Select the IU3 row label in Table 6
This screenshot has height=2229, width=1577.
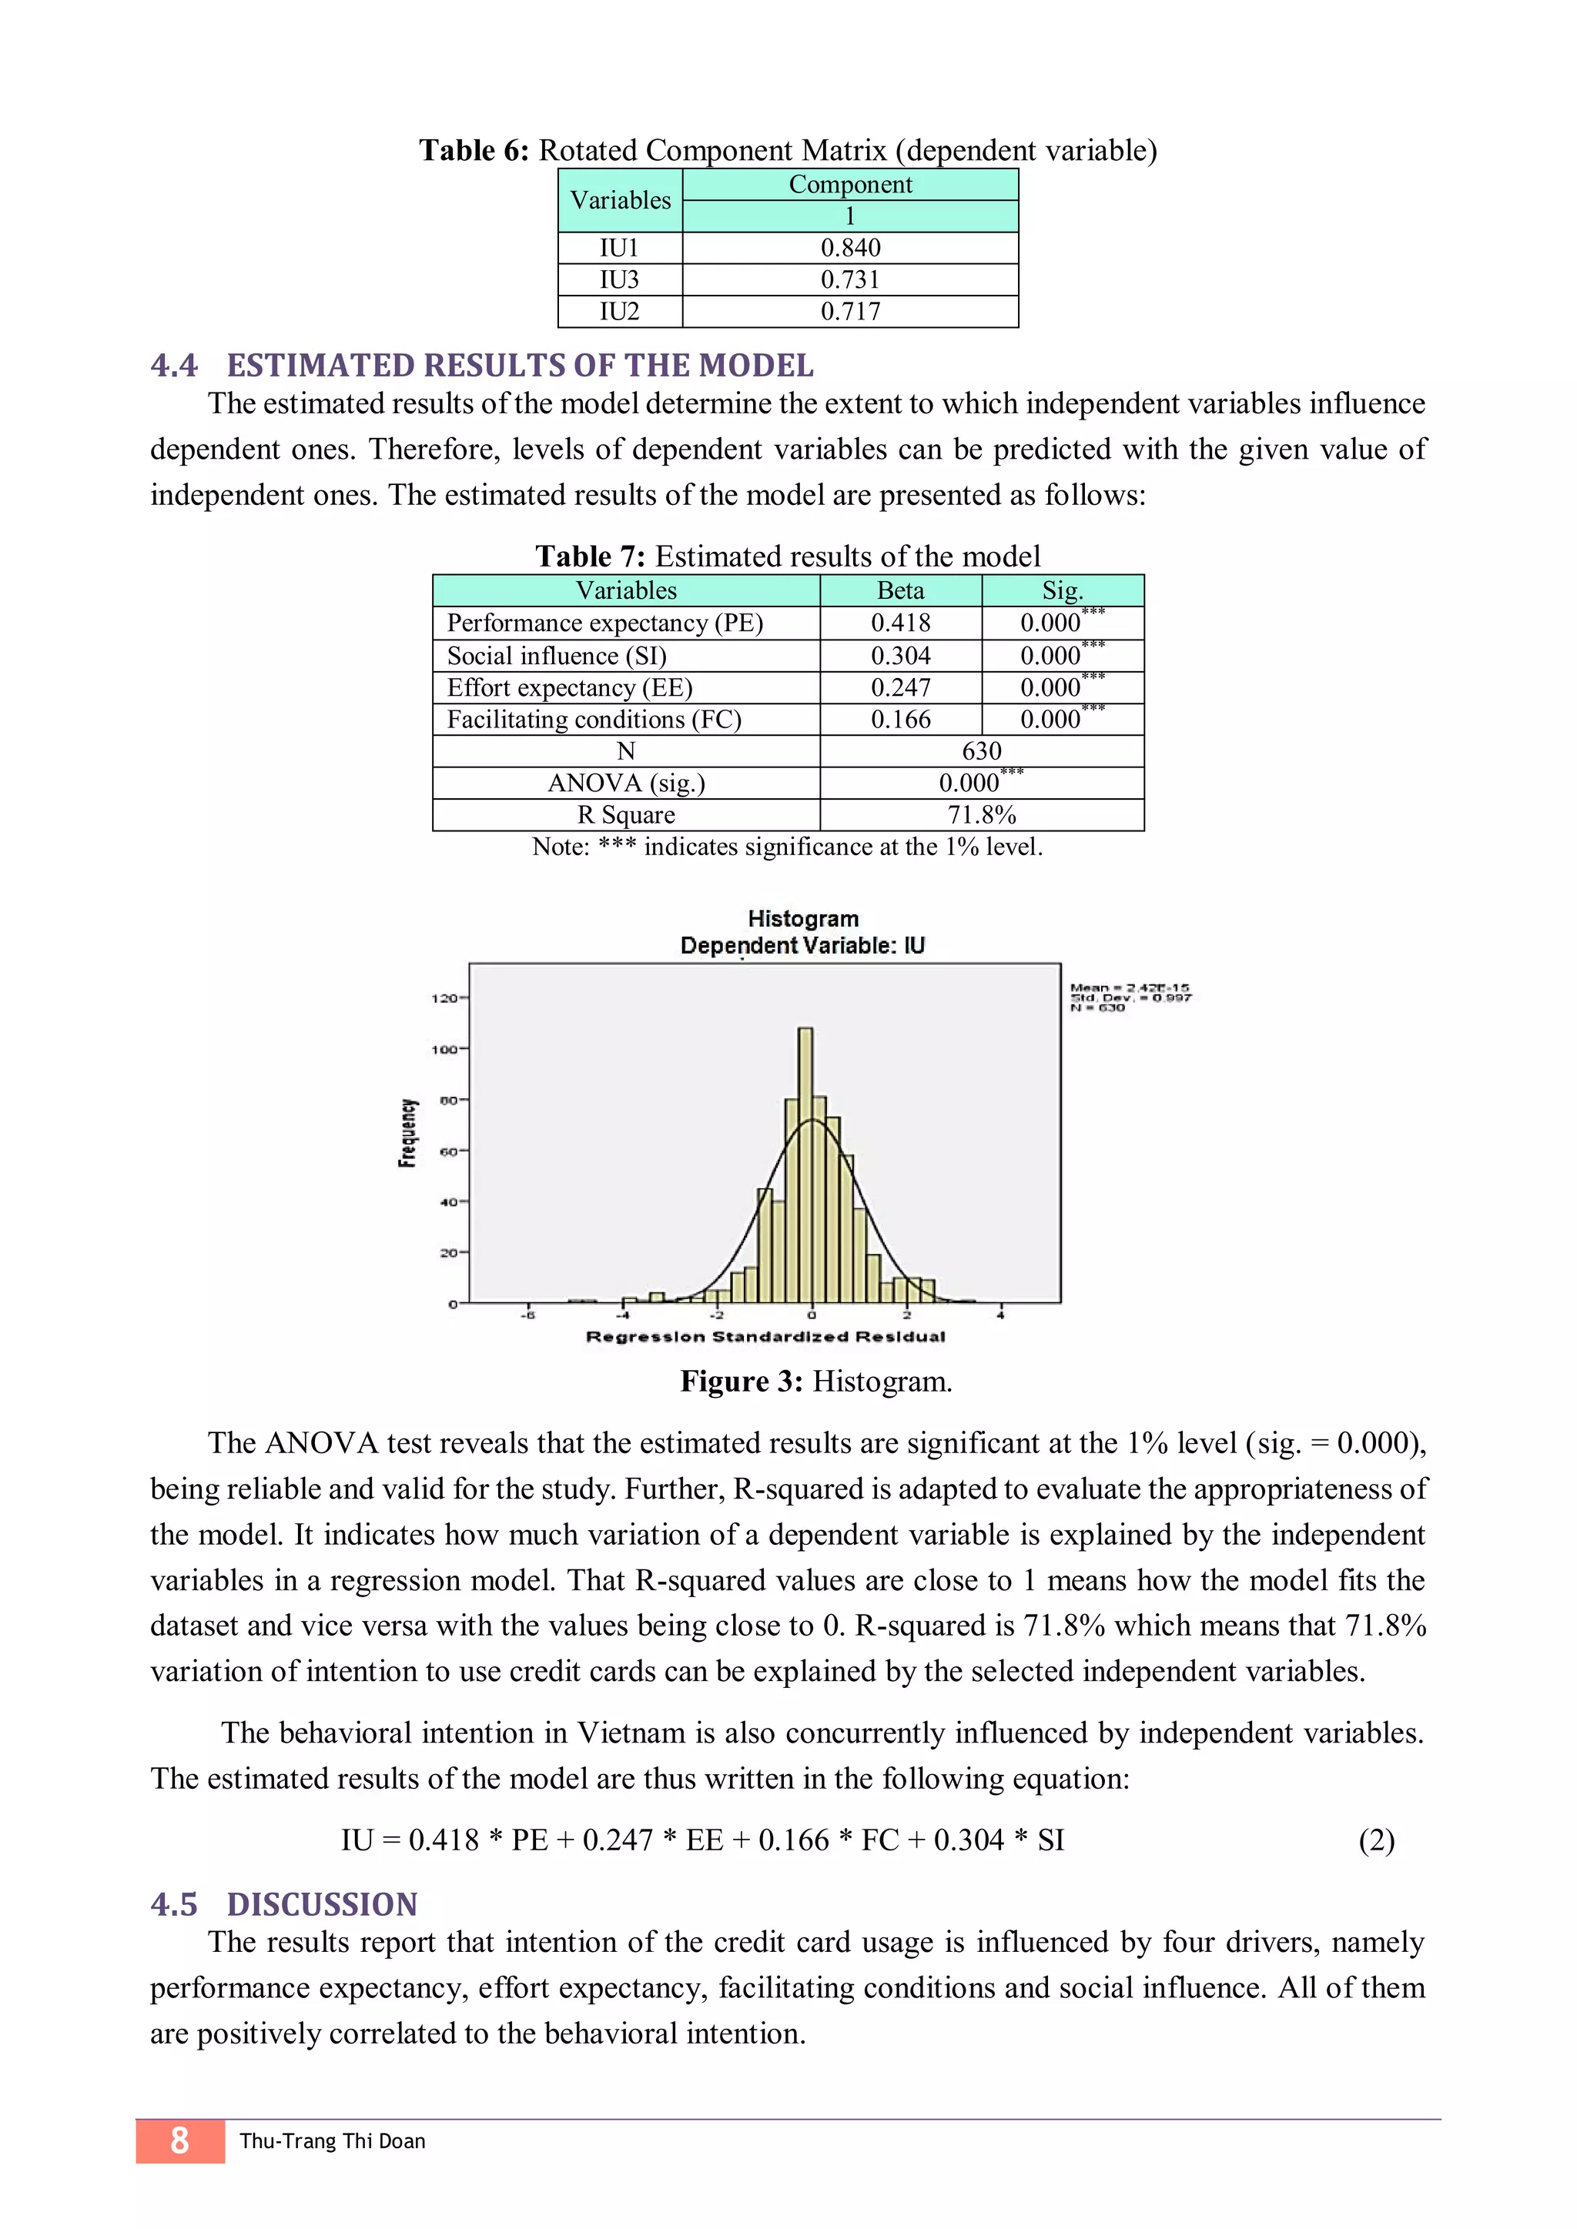coord(620,279)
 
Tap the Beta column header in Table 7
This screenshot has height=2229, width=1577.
coord(900,590)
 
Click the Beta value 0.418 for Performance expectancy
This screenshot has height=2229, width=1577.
coord(900,623)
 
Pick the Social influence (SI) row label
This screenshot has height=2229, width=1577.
coord(557,655)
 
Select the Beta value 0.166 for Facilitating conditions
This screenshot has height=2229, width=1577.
coord(900,720)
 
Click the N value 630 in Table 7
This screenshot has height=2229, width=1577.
coord(981,750)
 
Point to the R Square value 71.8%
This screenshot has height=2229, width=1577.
coord(981,814)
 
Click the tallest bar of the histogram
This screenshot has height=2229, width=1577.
coord(805,1165)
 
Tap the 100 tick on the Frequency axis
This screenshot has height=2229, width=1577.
coord(446,1049)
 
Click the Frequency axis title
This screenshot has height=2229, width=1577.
coord(408,1133)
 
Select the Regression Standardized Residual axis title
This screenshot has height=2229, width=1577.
coord(765,1337)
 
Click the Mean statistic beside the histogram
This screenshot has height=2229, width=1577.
coord(1130,988)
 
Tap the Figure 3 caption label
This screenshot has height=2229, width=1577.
coord(741,1382)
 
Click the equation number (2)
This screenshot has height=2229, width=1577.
coord(1376,1840)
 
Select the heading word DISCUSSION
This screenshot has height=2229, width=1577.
coord(323,1905)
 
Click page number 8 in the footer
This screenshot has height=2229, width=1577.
coord(179,2140)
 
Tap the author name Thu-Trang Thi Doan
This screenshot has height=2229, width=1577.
coord(332,2141)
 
